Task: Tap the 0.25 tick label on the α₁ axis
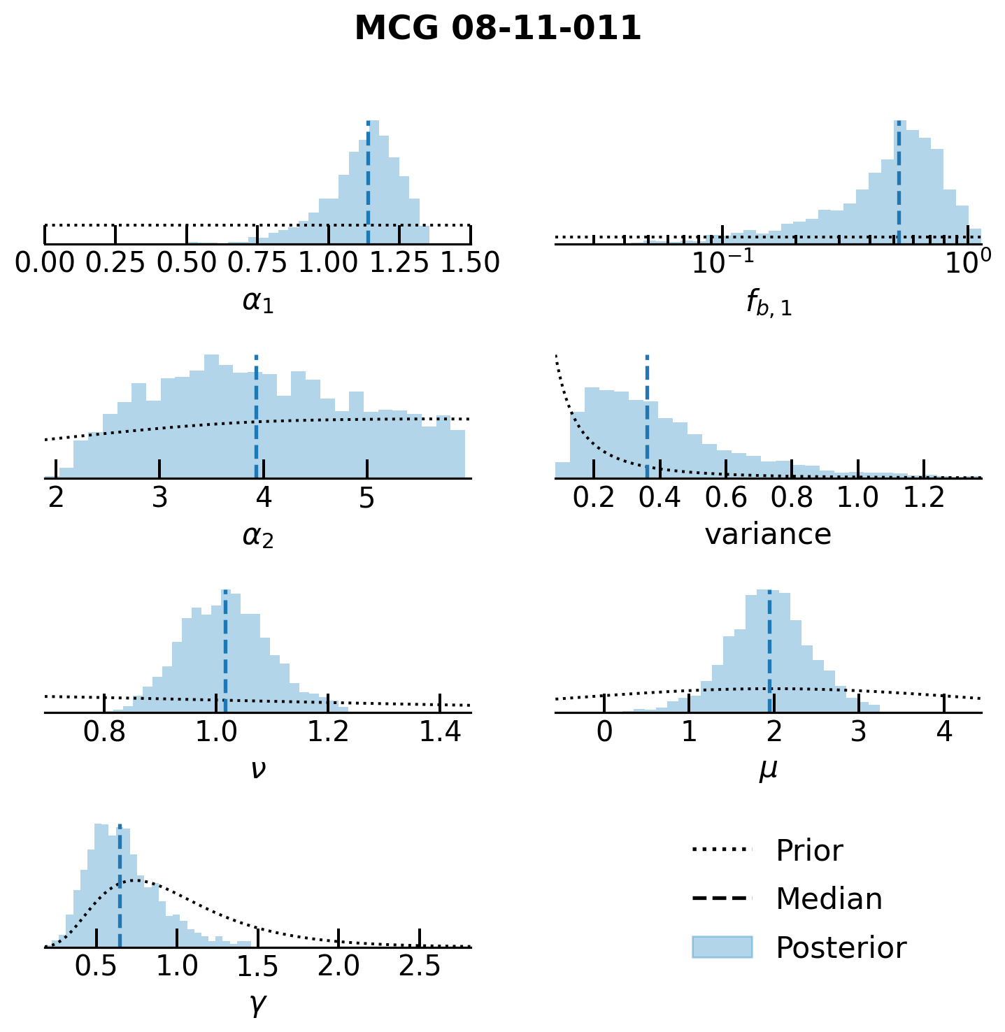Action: (x=115, y=263)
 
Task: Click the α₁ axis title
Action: (x=257, y=301)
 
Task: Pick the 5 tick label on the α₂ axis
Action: (x=366, y=497)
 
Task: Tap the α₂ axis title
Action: (x=257, y=536)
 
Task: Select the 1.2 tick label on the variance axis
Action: (x=924, y=497)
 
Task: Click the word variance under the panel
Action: (x=768, y=535)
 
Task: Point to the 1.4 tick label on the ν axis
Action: (x=439, y=731)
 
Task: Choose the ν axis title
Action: (x=257, y=769)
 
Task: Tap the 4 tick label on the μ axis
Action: (x=944, y=731)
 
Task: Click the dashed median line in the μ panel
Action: (x=769, y=650)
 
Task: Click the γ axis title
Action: (x=257, y=1005)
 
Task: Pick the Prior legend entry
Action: (x=809, y=851)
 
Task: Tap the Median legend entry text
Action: (x=829, y=899)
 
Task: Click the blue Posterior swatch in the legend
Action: (x=722, y=947)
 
